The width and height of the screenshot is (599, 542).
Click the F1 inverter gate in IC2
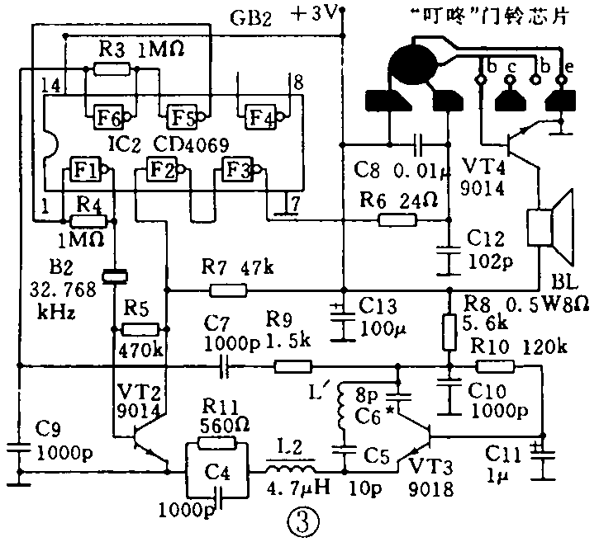click(x=86, y=169)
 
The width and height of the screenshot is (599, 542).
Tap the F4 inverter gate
click(x=258, y=115)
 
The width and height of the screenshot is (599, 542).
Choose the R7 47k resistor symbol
click(x=228, y=290)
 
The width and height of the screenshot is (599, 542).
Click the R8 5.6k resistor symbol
click(x=450, y=331)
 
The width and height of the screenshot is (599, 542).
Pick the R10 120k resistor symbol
click(x=497, y=366)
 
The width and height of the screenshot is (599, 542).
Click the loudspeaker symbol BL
click(x=551, y=224)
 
